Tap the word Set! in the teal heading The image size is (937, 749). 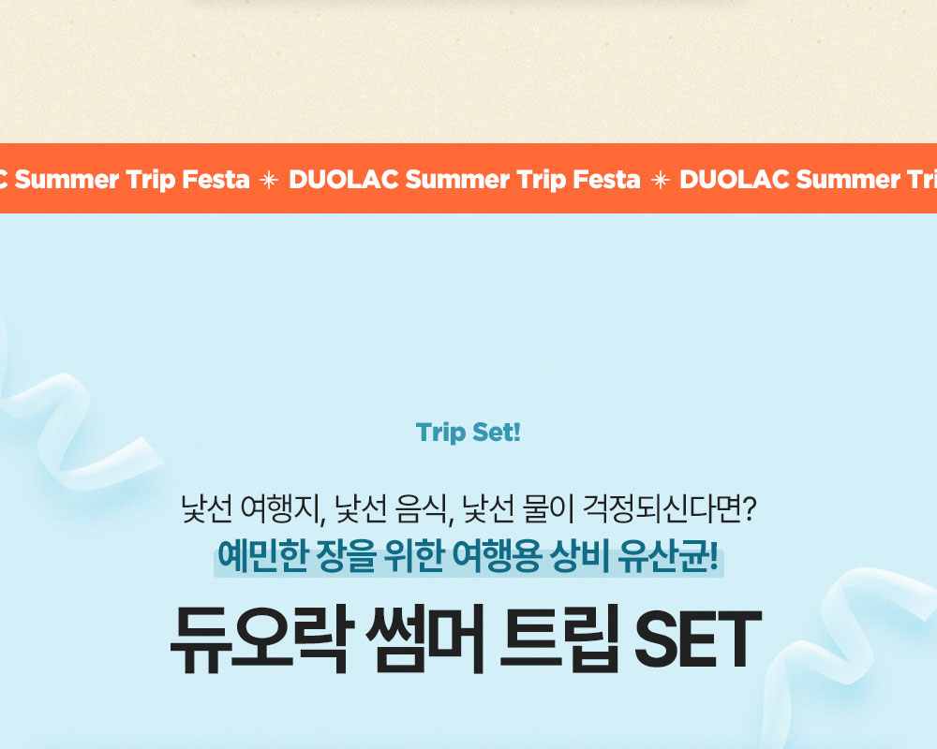tap(496, 433)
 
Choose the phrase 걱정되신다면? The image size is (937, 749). tap(670, 509)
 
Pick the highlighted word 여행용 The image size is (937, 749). tap(497, 556)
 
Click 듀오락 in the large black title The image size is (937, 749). tap(260, 640)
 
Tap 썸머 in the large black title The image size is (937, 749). tap(424, 640)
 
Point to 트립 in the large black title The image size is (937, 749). tap(558, 640)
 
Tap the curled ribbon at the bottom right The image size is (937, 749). tap(849, 645)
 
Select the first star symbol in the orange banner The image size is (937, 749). tap(269, 180)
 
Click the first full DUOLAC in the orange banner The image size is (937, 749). tap(344, 179)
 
